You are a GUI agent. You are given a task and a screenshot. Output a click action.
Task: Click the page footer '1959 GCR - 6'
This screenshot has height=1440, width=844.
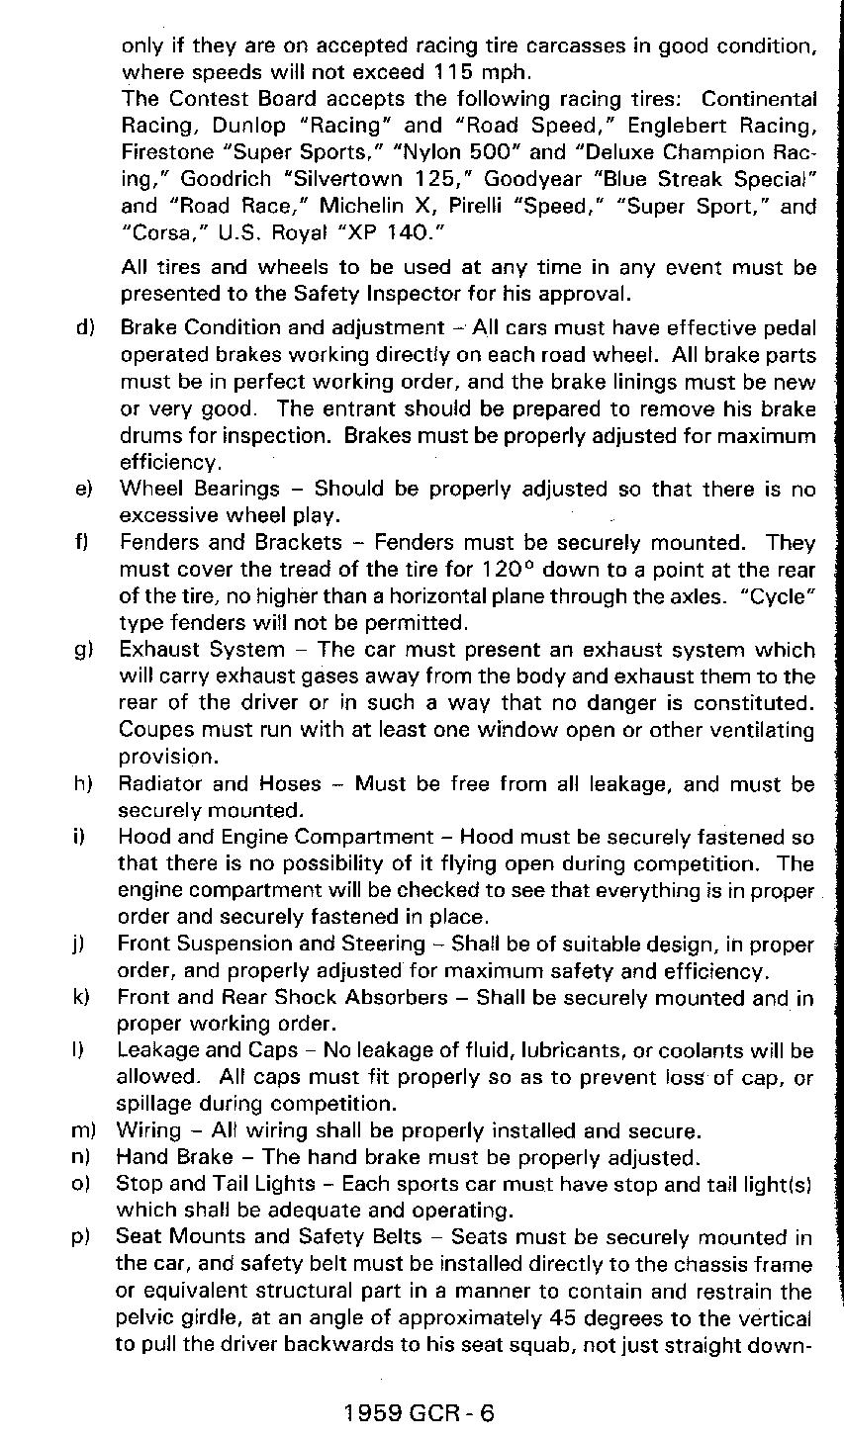pos(420,1411)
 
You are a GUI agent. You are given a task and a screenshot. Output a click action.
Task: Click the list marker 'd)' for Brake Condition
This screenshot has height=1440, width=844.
pos(84,328)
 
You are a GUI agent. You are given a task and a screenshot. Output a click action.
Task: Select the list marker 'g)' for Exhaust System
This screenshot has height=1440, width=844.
pos(84,651)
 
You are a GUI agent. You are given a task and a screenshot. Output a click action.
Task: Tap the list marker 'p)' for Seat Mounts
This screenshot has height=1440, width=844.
pos(84,1237)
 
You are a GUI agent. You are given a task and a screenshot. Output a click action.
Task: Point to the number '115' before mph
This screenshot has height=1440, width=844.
pos(457,72)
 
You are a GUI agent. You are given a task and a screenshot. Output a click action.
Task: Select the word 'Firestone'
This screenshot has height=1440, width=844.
pos(165,153)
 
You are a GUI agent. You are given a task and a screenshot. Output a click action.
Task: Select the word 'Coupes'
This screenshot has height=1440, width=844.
pos(153,731)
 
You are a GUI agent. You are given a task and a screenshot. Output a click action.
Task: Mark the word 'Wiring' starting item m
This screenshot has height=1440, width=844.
pos(148,1130)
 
